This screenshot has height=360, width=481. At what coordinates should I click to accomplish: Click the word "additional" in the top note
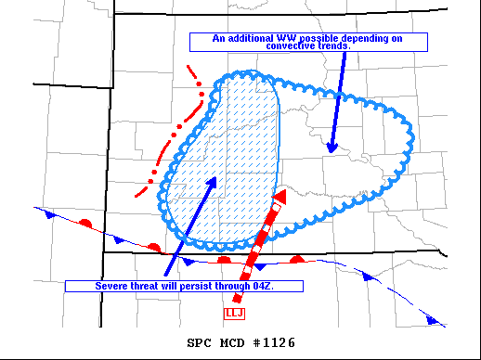[x=250, y=38]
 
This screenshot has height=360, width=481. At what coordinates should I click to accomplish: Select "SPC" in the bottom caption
[x=199, y=343]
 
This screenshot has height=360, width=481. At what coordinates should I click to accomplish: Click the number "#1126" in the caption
[x=275, y=343]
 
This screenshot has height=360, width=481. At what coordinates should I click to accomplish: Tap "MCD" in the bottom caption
[x=232, y=343]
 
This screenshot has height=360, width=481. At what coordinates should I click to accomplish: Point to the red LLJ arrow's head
[x=279, y=199]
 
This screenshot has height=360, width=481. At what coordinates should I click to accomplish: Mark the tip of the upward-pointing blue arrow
[x=215, y=176]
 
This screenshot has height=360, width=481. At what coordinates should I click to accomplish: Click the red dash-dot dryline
[x=176, y=130]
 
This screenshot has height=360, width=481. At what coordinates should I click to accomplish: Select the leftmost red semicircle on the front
[x=84, y=224]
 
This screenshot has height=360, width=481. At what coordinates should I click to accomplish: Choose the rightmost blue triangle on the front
[x=431, y=319]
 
